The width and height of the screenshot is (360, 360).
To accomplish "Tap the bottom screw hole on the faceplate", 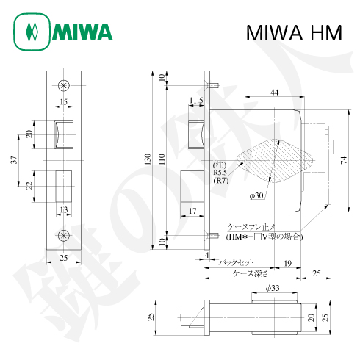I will (x=64, y=234).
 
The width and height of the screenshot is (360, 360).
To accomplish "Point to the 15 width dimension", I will (x=64, y=101).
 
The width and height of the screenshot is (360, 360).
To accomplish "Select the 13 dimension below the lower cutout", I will (x=64, y=210).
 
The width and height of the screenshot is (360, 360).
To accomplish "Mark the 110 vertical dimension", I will (x=162, y=157).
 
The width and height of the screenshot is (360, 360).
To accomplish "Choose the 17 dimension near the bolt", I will (x=192, y=212).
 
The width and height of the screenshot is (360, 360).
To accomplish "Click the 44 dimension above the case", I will (x=273, y=92).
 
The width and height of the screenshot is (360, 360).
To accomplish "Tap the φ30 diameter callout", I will (x=256, y=195).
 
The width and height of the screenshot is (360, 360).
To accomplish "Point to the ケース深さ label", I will (x=248, y=273).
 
